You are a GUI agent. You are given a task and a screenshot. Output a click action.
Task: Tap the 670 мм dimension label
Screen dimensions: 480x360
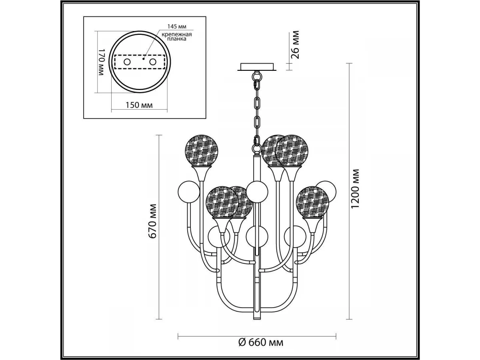pos(152,221)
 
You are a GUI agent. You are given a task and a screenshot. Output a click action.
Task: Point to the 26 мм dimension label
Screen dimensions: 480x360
pos(295,44)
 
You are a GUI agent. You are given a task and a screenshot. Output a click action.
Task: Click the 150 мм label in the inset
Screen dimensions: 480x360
pos(139,105)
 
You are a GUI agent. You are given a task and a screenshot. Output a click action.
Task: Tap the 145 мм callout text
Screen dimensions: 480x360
pos(177,26)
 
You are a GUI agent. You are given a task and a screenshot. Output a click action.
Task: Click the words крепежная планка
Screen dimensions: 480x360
pos(177,36)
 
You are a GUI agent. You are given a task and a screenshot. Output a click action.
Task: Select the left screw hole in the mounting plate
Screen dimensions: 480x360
pos(127,62)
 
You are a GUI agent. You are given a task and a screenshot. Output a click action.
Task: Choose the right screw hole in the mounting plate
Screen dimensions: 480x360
pos(153,62)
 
